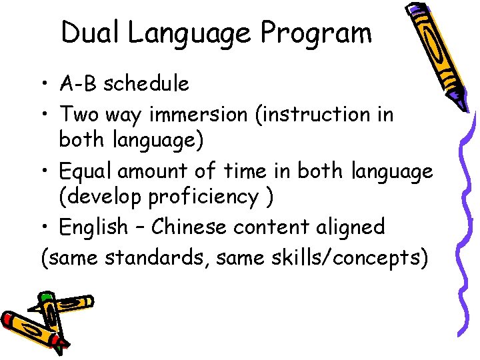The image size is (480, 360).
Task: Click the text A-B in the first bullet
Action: click(x=78, y=84)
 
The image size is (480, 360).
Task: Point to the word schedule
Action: click(x=146, y=84)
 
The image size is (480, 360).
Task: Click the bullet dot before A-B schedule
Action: click(x=42, y=85)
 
